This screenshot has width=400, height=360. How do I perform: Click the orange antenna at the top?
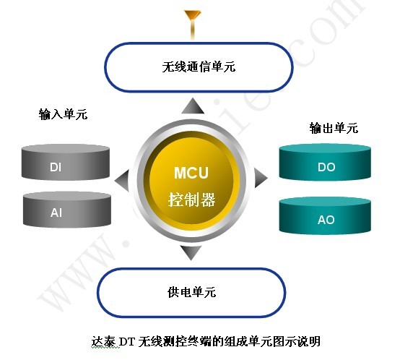(x=193, y=25)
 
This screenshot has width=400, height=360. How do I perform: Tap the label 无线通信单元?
(x=199, y=67)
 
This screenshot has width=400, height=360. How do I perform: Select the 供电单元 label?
(x=191, y=292)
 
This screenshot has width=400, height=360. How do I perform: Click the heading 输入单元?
(x=63, y=114)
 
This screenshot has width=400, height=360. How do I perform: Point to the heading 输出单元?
(x=334, y=128)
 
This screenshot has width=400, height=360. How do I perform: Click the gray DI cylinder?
(x=66, y=163)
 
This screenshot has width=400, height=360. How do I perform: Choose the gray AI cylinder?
(x=67, y=210)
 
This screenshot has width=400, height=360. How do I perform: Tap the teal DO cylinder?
(x=325, y=163)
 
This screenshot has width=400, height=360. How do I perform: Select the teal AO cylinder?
(x=325, y=215)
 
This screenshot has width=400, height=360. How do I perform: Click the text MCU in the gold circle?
(x=191, y=173)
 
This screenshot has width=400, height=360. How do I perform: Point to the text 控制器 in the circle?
(x=191, y=200)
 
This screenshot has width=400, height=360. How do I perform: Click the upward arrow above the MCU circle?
(x=193, y=106)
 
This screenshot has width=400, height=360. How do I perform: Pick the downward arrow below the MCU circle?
(x=191, y=253)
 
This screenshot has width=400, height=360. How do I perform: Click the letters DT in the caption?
(x=127, y=342)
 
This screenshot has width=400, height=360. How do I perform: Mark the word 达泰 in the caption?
(x=103, y=342)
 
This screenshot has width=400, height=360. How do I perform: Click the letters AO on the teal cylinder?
(x=326, y=220)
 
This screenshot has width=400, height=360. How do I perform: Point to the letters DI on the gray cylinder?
(x=56, y=167)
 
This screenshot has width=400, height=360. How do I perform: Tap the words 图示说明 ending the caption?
(x=297, y=342)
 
